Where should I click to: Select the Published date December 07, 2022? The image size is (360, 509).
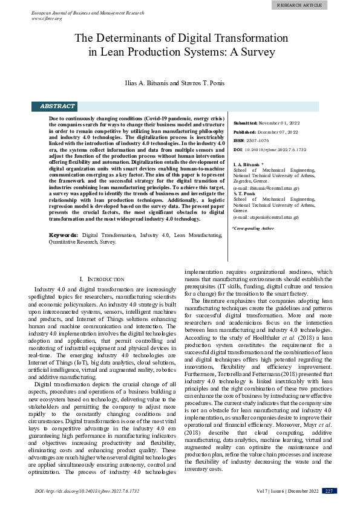click(275, 132)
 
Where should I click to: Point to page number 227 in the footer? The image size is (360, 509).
click(329, 490)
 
